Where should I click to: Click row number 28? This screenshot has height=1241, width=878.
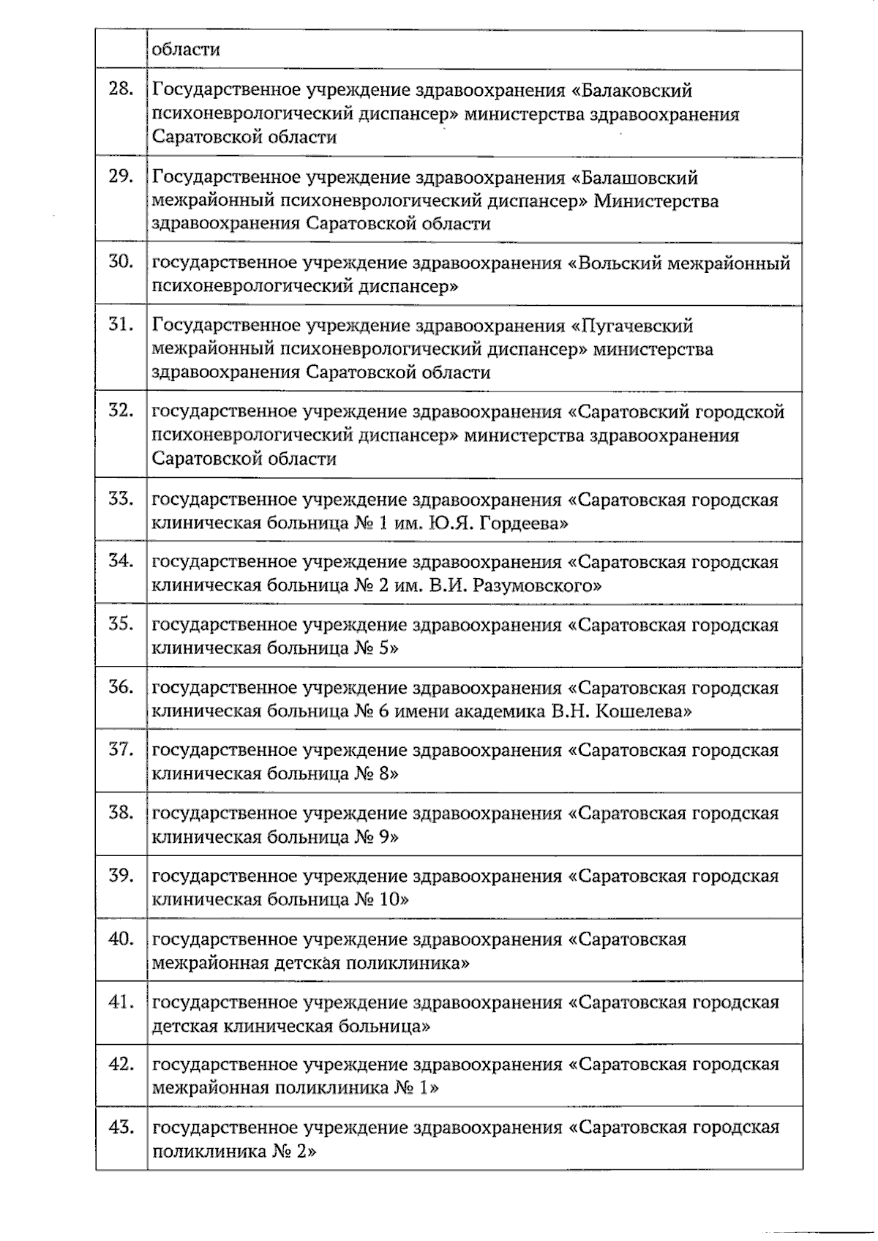(121, 89)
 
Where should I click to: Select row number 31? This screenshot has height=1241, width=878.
(121, 324)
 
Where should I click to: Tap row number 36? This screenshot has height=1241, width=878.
(121, 686)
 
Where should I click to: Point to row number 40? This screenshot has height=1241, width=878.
(121, 937)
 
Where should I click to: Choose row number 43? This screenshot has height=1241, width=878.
(121, 1126)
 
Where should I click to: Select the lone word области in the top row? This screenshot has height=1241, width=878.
(186, 50)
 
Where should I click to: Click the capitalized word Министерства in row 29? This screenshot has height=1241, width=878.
(656, 201)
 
